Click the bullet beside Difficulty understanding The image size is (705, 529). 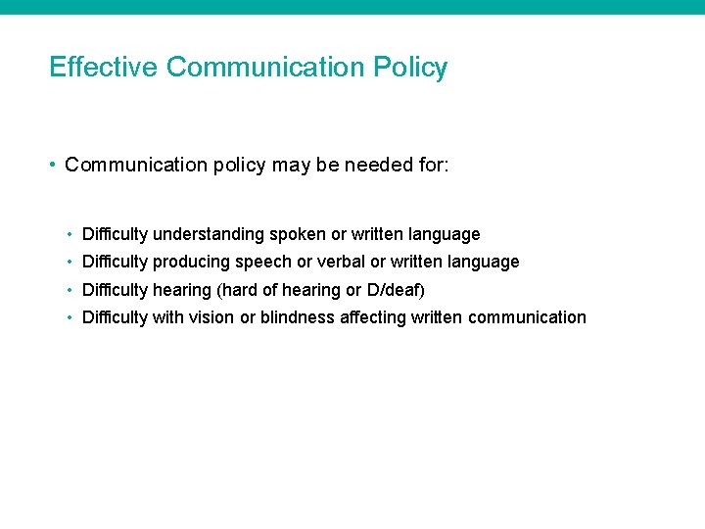pyautogui.click(x=71, y=235)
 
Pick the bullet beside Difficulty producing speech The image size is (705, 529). pyautogui.click(x=71, y=263)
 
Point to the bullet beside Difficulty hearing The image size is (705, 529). pyautogui.click(x=71, y=290)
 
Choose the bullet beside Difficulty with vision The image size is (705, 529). pyautogui.click(x=71, y=317)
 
